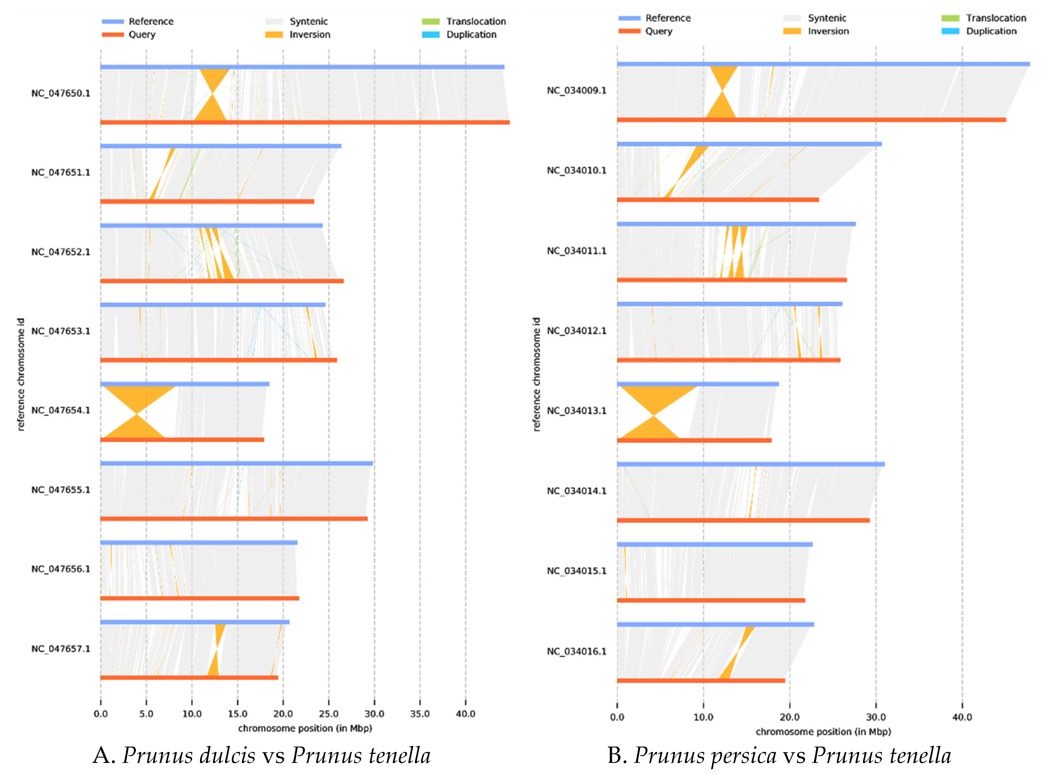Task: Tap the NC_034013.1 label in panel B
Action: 576,411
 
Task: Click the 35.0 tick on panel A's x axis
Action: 420,714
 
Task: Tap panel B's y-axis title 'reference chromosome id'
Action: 536,374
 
